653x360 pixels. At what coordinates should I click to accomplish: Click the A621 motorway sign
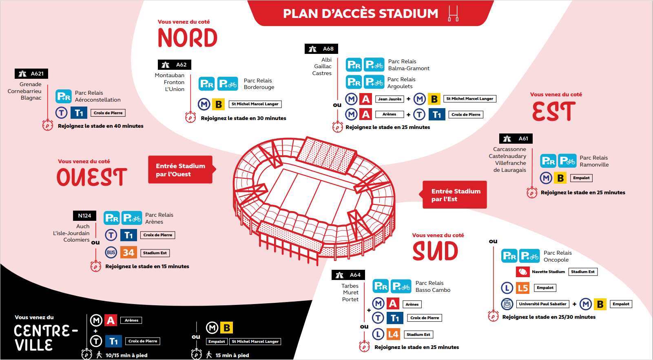(x=31, y=73)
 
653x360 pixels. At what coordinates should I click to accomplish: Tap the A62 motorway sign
(x=175, y=64)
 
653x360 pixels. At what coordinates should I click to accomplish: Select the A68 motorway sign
(x=321, y=49)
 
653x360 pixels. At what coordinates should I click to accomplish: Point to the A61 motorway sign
(x=516, y=139)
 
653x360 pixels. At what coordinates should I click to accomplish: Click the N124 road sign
(x=84, y=216)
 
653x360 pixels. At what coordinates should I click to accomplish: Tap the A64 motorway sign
(x=348, y=275)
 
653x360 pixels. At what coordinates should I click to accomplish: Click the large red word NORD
(x=188, y=38)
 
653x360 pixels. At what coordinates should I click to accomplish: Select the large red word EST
(x=554, y=111)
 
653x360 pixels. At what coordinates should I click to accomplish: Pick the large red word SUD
(x=435, y=251)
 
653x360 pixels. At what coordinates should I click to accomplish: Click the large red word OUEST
(x=92, y=178)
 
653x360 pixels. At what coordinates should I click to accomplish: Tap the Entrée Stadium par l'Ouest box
(x=180, y=170)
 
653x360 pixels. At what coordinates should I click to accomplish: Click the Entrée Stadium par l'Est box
(x=455, y=195)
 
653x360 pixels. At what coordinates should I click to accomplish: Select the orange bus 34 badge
(x=128, y=253)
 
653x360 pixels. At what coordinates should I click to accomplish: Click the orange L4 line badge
(x=393, y=334)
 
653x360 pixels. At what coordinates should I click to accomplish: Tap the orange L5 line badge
(x=522, y=288)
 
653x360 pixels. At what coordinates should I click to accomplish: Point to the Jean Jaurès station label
(x=390, y=99)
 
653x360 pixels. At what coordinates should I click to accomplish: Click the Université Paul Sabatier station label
(x=542, y=304)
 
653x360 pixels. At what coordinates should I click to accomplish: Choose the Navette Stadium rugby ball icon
(x=522, y=272)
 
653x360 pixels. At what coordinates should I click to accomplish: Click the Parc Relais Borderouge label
(x=259, y=84)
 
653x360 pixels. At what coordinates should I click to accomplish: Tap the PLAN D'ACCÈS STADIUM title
(x=361, y=13)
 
